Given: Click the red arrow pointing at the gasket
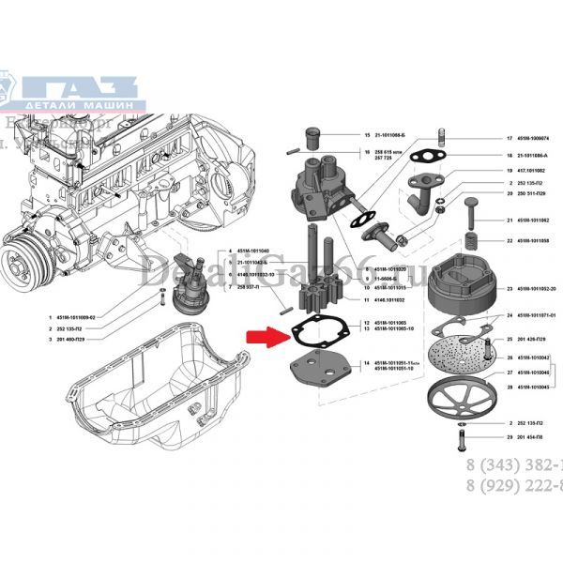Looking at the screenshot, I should point(264,336).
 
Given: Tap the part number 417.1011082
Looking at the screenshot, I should point(532,169).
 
